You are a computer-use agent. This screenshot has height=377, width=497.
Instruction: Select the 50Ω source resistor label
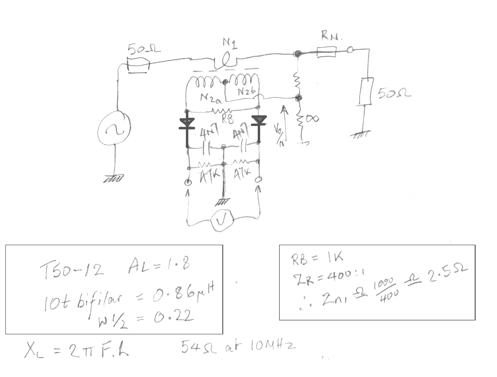[144, 49]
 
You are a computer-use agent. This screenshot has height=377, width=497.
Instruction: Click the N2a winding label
[211, 98]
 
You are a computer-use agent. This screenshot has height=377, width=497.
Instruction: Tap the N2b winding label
[247, 92]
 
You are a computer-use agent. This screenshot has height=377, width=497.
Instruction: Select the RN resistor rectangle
[327, 52]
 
